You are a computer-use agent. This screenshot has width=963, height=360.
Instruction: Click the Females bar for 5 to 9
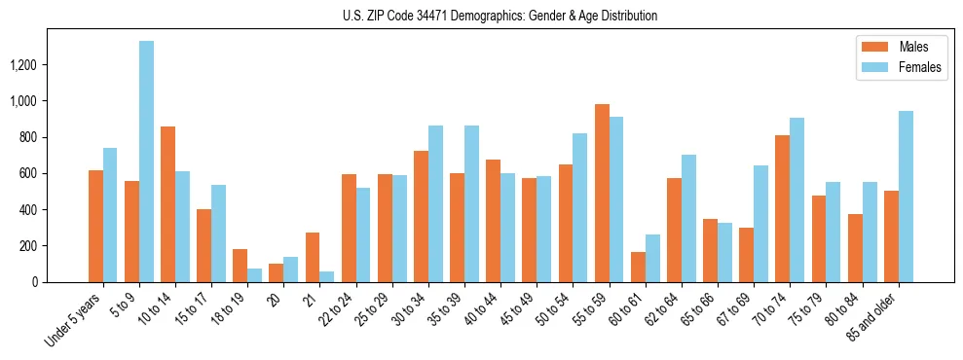pos(146,162)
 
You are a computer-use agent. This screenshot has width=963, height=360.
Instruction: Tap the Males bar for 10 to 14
pos(167,204)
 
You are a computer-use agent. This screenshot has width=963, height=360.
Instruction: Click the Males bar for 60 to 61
pos(638,267)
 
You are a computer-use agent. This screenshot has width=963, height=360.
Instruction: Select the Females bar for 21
pos(326,276)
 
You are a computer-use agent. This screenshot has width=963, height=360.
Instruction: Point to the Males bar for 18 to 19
pos(240,266)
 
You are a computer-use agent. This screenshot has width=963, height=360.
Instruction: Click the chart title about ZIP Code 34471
pos(500,16)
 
